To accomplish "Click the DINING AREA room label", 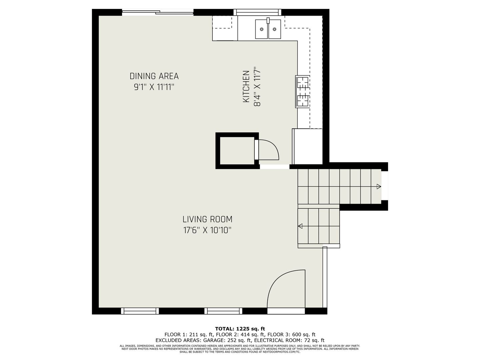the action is (154, 76).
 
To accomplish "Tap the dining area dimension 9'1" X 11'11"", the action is (154, 87).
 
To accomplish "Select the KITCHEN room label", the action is (246, 86).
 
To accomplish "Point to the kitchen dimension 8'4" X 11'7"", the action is (257, 87).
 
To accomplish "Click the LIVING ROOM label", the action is (207, 219).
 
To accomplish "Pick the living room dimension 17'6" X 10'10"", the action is (207, 230).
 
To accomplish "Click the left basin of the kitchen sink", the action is (262, 29).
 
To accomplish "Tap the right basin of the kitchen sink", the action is (275, 29).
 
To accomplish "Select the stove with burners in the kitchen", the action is (302, 91).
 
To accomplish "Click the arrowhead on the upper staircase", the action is (379, 186).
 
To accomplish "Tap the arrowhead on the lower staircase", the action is (300, 226).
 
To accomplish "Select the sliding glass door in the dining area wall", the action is (158, 12).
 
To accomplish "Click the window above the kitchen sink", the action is (257, 12).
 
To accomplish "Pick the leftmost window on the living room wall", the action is (140, 311).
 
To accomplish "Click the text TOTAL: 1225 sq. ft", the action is (240, 329).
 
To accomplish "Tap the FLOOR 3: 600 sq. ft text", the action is (291, 334).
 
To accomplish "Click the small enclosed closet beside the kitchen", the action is (237, 151).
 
